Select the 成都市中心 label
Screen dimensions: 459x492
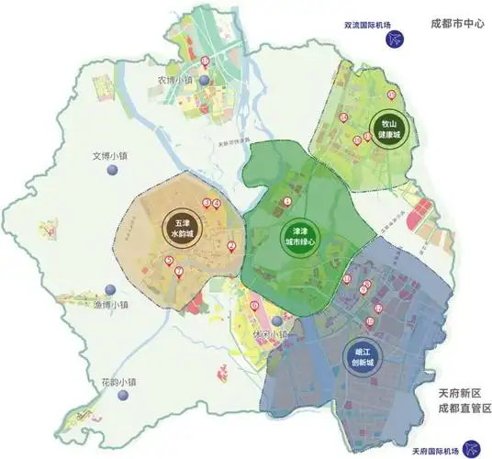[455, 27]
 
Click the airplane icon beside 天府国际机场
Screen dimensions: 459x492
[473, 449]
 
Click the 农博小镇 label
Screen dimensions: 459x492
[174, 80]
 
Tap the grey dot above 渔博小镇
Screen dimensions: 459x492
[109, 289]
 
